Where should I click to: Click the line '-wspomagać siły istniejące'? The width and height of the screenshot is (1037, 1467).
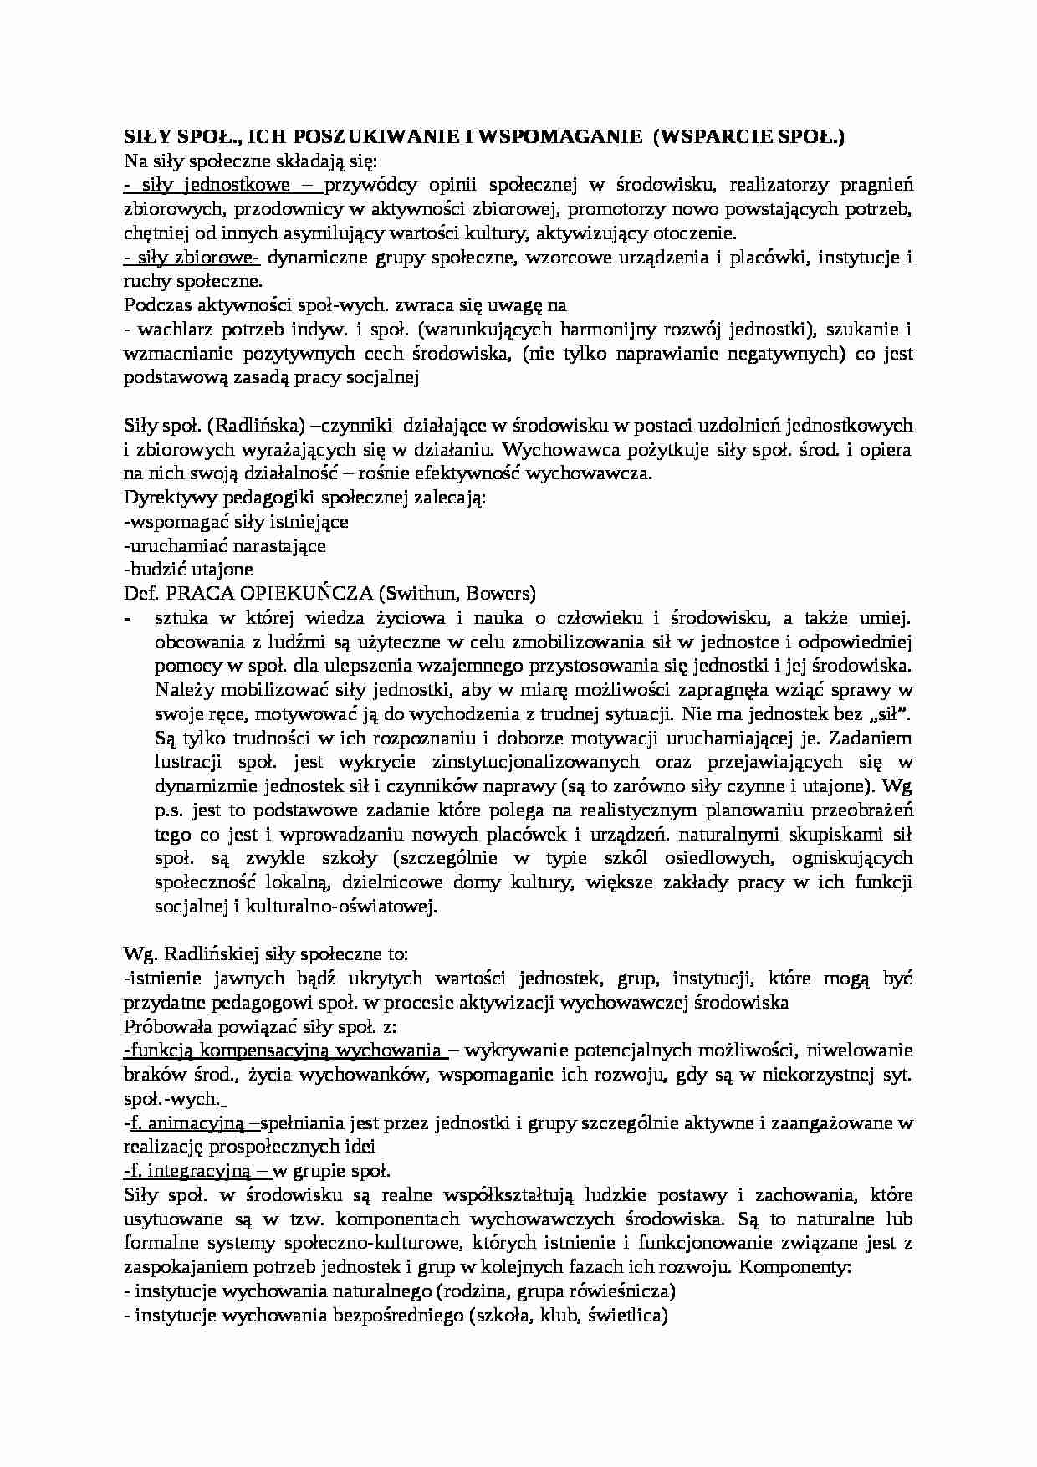pyautogui.click(x=236, y=522)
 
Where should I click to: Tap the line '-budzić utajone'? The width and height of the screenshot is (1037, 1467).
pyautogui.click(x=188, y=570)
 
